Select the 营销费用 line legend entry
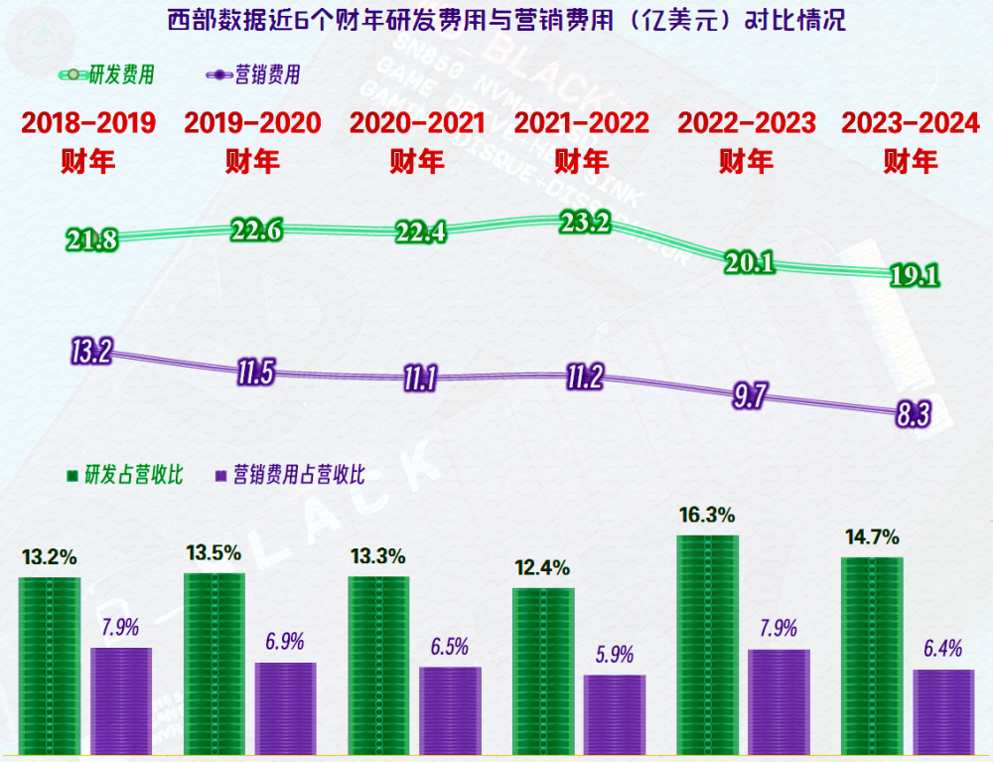(252, 75)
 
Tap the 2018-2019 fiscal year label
(88, 140)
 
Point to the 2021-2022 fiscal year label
(581, 140)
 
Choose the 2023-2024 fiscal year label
(910, 140)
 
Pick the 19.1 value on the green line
(913, 276)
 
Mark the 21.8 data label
(92, 239)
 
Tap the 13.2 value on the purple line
(91, 351)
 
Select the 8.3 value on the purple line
(913, 415)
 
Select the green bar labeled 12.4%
(543, 672)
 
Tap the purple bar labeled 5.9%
(615, 715)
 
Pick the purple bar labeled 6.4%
(943, 712)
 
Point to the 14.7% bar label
(871, 537)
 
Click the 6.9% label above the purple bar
(285, 641)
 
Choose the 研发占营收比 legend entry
(124, 475)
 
